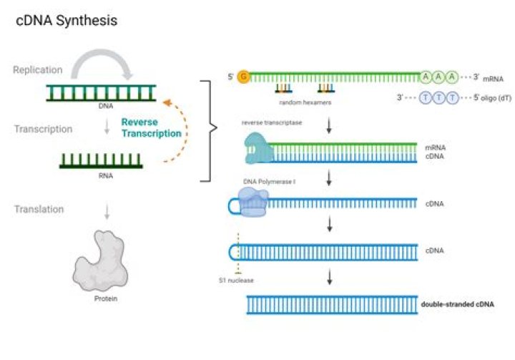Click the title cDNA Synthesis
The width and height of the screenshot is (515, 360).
coord(67,21)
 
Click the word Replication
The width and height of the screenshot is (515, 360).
coord(37,70)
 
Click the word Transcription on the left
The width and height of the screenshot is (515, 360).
coord(42,130)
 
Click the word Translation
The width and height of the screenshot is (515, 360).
coord(39,210)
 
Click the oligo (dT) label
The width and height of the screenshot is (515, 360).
coord(478,98)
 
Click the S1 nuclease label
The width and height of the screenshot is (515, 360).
coord(237,280)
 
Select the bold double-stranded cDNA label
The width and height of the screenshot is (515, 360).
coord(458,304)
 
